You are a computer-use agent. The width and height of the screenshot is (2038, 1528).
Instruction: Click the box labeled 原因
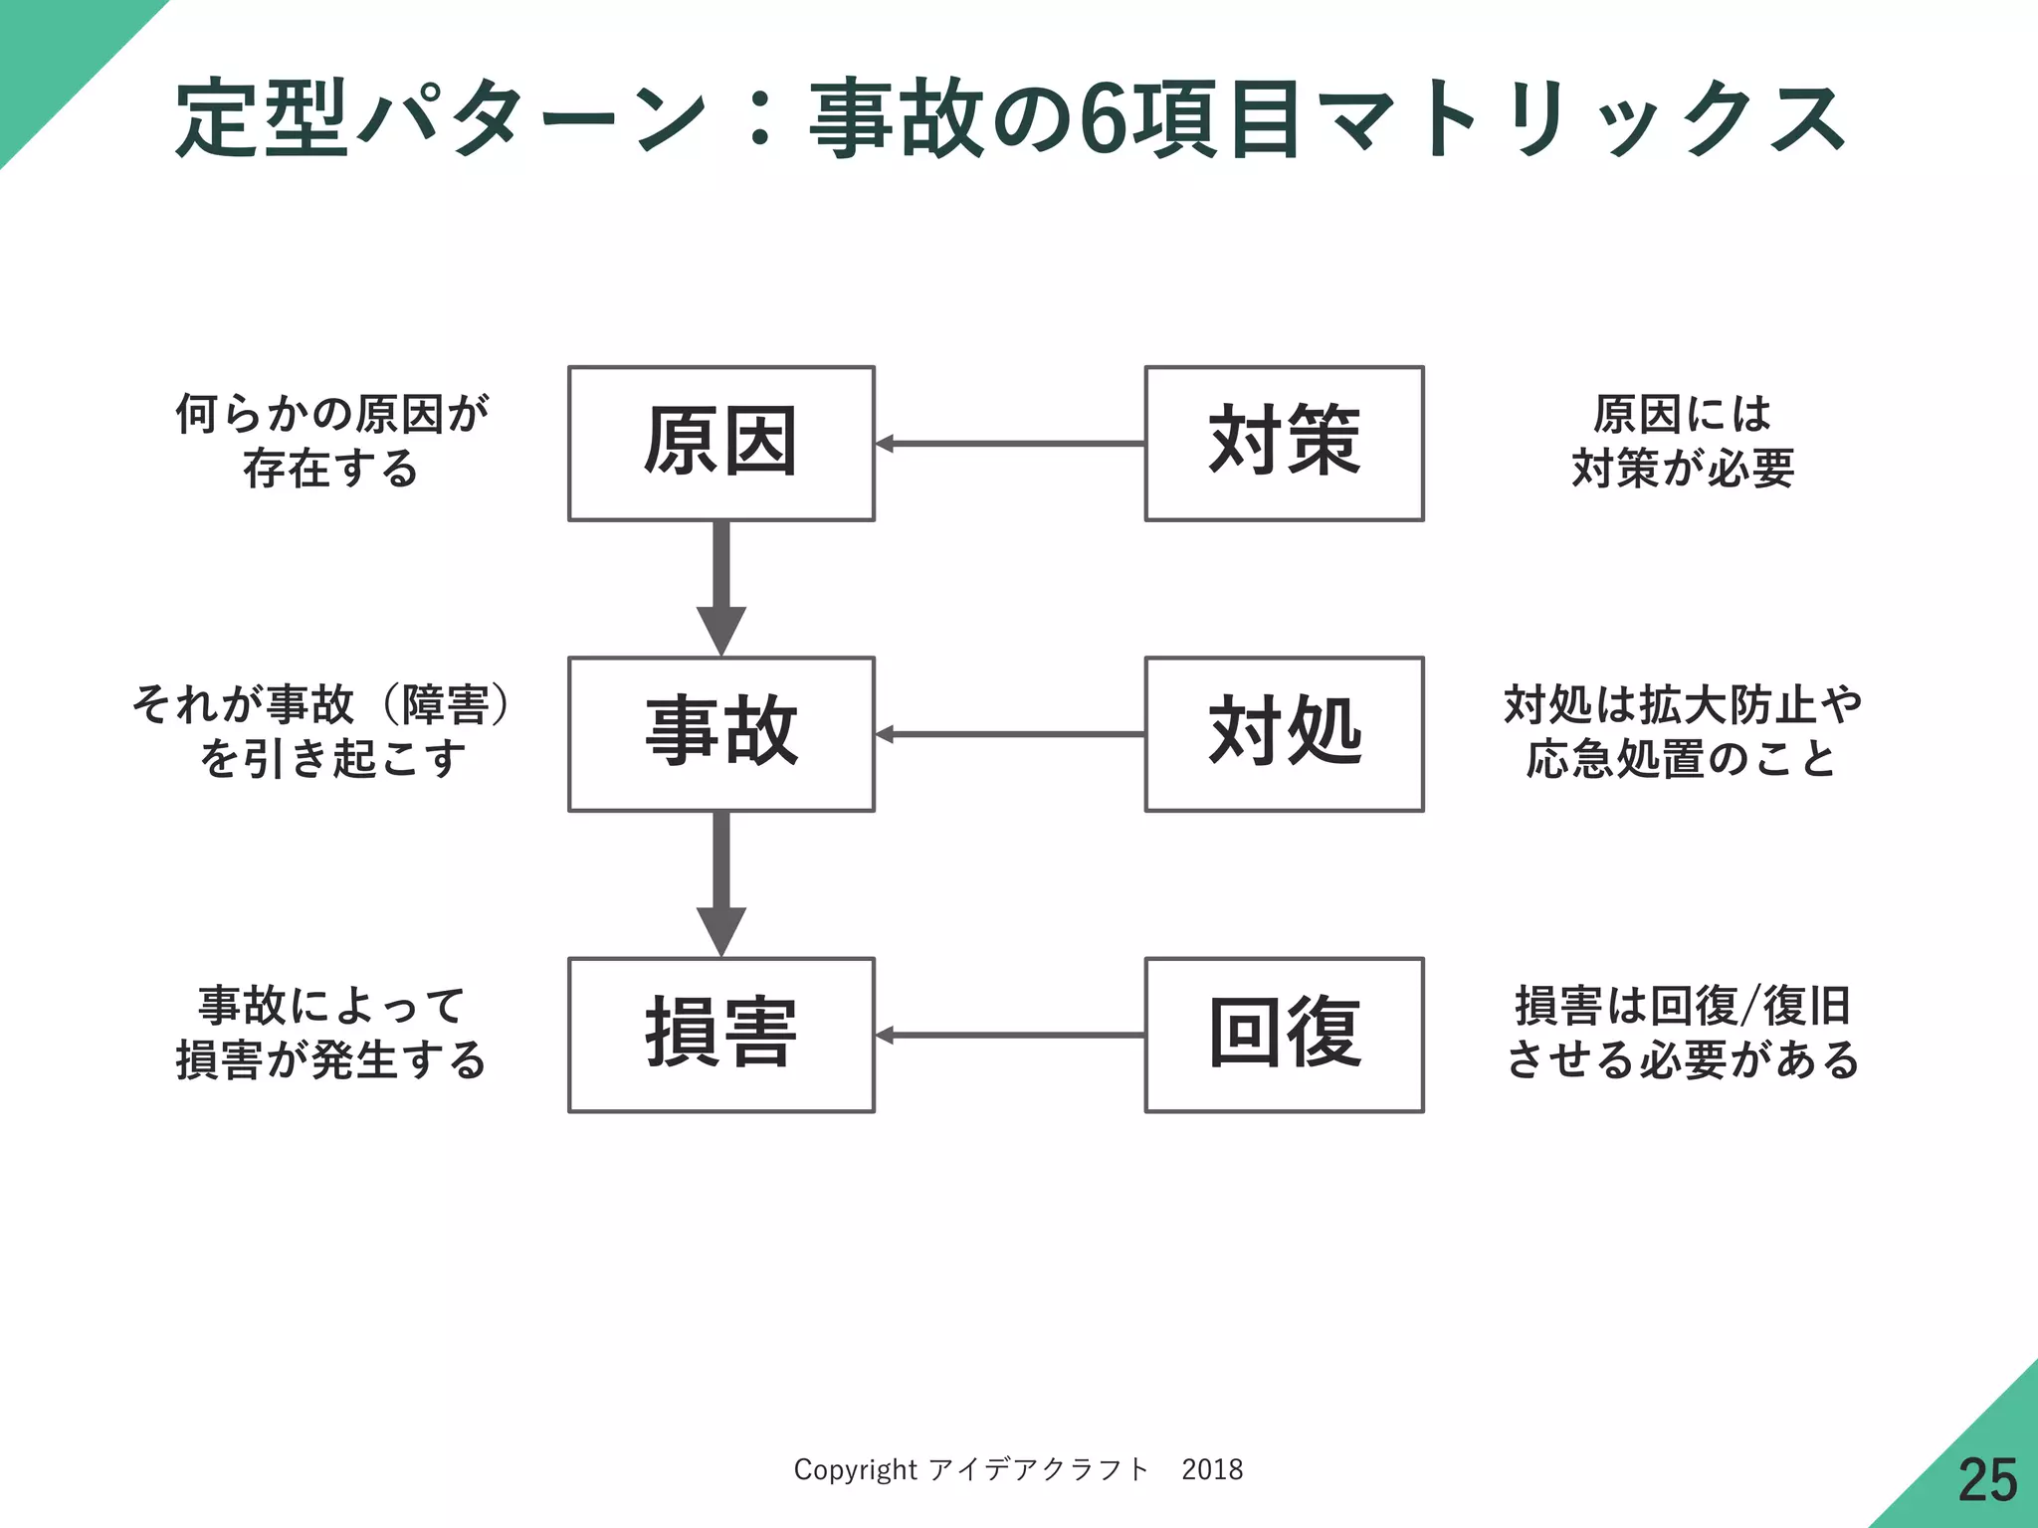pos(720,443)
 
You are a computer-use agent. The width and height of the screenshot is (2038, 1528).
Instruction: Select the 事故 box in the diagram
pos(720,733)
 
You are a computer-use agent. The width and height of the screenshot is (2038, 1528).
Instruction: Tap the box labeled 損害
pos(720,1035)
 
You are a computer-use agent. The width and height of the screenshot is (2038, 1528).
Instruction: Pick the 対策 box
pos(1284,443)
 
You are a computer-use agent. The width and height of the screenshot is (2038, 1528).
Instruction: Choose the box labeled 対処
pos(1284,733)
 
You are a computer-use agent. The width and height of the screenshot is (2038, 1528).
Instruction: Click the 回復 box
pos(1284,1035)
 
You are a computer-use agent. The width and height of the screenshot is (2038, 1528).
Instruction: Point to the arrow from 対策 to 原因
pos(1009,444)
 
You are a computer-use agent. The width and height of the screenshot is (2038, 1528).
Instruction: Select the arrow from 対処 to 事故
pos(1009,734)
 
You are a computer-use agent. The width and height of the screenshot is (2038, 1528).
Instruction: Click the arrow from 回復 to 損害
pos(1009,1036)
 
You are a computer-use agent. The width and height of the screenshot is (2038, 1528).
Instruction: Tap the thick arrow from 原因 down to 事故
pos(721,587)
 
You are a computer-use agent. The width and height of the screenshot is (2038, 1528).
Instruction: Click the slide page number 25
pos(1987,1480)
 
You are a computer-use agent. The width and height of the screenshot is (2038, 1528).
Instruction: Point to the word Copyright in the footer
pos(855,1469)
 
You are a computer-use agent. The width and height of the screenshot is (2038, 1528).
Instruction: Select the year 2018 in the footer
pos(1212,1469)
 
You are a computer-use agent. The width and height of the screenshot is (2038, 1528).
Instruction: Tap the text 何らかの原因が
pos(332,414)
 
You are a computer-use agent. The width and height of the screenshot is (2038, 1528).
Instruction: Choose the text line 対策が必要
pos(1683,468)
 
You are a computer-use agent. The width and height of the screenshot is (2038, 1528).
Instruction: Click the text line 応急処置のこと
pos(1683,758)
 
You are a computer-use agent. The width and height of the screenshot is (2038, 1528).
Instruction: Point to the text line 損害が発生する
pos(332,1059)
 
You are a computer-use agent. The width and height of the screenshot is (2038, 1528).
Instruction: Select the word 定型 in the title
pos(263,120)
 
